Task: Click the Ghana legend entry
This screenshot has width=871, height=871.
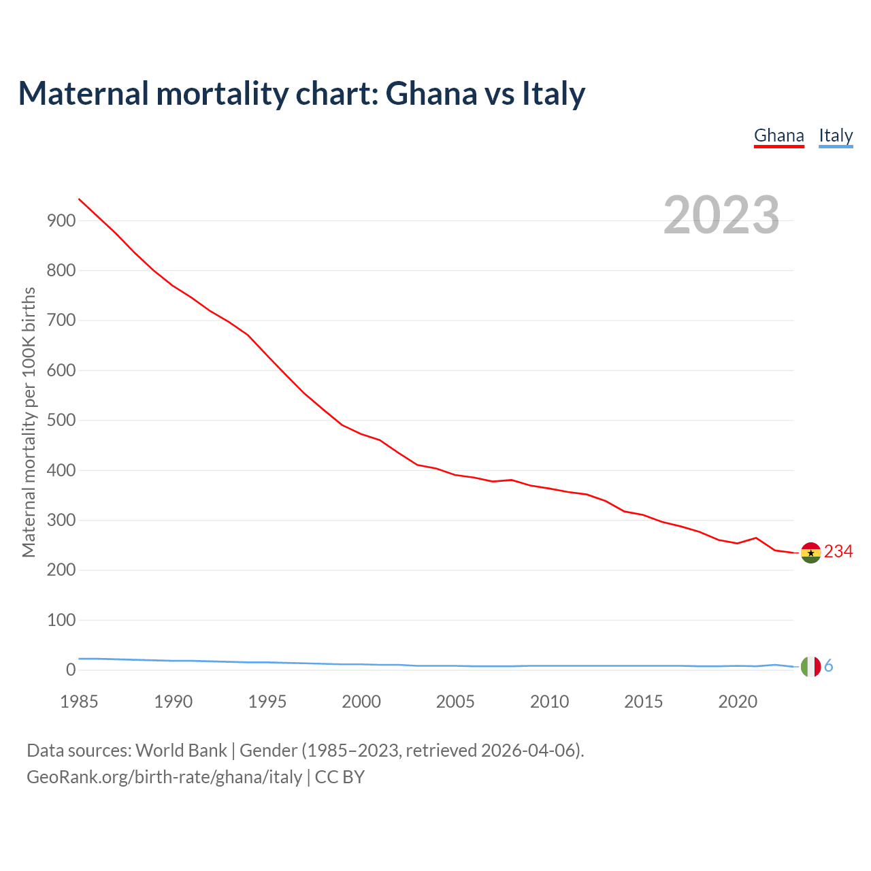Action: (x=778, y=135)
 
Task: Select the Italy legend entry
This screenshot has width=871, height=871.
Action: (x=836, y=135)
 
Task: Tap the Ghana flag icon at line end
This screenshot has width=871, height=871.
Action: (x=810, y=553)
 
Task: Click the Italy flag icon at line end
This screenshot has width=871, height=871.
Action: (x=810, y=667)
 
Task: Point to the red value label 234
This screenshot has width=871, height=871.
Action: (x=838, y=552)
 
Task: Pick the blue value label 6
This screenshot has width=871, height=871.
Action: (x=829, y=666)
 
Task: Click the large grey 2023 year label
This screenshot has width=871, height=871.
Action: (x=721, y=215)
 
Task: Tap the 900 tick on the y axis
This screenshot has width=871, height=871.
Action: (x=61, y=220)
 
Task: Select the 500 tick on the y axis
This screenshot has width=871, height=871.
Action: (x=61, y=421)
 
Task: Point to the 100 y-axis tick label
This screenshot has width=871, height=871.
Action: (x=61, y=620)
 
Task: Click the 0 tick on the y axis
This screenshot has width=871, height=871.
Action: (x=71, y=670)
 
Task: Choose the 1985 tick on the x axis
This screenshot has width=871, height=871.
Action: (x=79, y=702)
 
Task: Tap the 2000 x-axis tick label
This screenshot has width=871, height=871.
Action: (x=361, y=702)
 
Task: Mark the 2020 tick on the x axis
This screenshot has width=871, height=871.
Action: (x=738, y=702)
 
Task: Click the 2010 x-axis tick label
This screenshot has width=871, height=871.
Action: (x=549, y=702)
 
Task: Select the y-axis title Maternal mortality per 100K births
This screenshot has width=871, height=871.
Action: (x=29, y=422)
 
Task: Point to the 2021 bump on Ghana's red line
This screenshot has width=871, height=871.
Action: (x=756, y=538)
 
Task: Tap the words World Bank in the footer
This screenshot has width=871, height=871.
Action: (x=181, y=751)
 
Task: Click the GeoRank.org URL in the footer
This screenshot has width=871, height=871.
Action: (x=164, y=777)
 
